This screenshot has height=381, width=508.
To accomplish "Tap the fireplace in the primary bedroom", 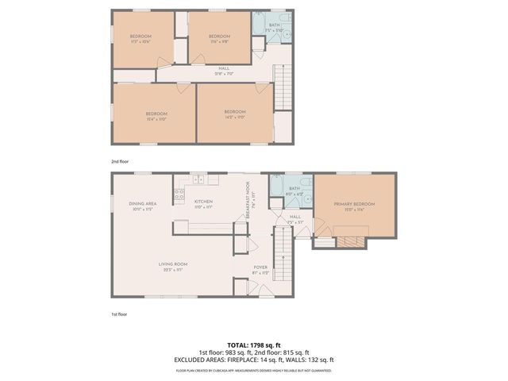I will click(x=349, y=239).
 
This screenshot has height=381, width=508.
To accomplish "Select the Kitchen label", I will click(x=203, y=202).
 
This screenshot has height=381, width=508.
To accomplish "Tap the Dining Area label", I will click(x=143, y=205).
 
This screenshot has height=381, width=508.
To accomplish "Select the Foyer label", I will click(x=260, y=268).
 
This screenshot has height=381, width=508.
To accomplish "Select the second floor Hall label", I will click(x=225, y=69).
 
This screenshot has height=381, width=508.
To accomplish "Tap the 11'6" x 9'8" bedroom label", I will click(x=219, y=37).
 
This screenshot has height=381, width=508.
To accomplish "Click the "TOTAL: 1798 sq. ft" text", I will click(x=254, y=345).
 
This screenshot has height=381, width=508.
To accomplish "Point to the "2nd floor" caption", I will click(x=120, y=160).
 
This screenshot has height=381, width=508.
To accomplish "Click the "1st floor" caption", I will click(x=119, y=314).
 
